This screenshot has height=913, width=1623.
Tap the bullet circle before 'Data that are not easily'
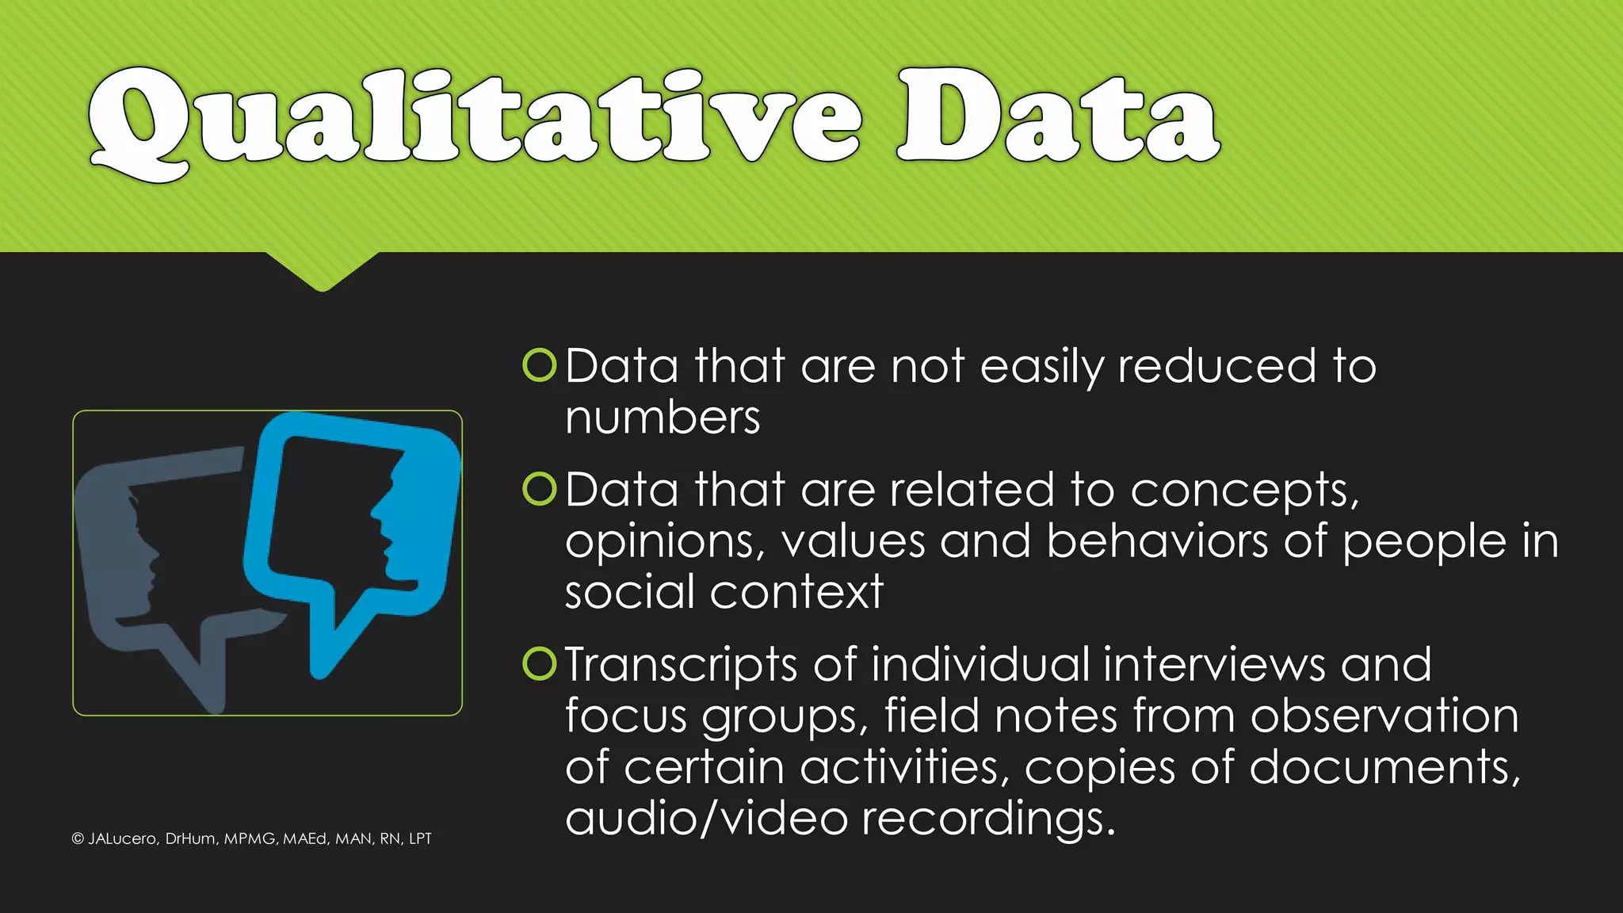[x=540, y=365]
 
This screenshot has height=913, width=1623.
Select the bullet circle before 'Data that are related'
[x=540, y=489]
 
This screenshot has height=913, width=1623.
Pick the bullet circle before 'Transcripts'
[x=540, y=663]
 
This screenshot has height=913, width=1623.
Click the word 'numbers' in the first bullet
[x=663, y=418]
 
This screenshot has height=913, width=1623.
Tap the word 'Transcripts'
[x=681, y=666]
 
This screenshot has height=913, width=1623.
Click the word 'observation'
[x=1384, y=716]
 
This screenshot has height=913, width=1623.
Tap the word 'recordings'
[x=987, y=819]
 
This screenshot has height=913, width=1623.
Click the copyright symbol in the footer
[x=78, y=839]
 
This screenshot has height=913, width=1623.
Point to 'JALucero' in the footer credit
[x=122, y=839]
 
